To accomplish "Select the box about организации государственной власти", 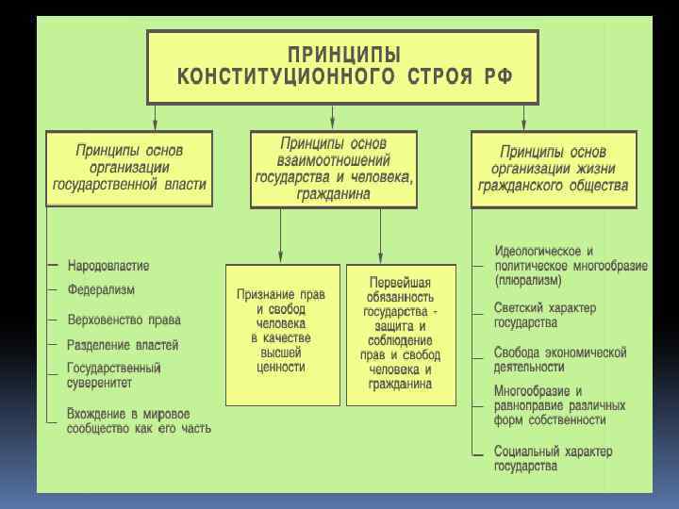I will click(130, 169).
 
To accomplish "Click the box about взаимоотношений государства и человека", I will click(334, 169).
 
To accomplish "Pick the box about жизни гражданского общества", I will click(554, 169).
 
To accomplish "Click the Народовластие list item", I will click(108, 266).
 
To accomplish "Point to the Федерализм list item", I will click(101, 289).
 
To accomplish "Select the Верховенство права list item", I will click(124, 320).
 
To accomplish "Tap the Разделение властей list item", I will click(123, 346).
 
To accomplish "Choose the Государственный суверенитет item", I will click(114, 375).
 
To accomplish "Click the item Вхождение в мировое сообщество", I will click(139, 420).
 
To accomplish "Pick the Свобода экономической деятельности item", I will click(560, 359).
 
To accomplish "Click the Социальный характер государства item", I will click(553, 458).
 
